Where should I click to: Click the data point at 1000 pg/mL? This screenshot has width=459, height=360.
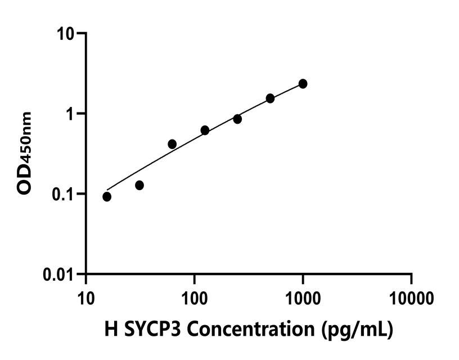coord(303,84)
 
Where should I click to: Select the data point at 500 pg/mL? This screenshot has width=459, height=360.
coord(270,98)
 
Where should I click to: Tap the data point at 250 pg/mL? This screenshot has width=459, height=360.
coord(237,119)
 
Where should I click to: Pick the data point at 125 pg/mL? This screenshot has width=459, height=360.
coord(205,130)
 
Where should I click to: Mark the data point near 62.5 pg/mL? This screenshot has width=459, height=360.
coord(172,144)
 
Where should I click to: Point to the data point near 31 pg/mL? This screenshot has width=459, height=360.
coord(139,185)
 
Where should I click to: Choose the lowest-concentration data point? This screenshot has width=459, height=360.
coord(107,196)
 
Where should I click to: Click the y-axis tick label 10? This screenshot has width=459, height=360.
coord(66,34)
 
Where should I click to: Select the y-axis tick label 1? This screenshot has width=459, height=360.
coord(71,114)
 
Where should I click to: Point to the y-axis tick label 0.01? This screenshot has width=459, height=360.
coord(59,274)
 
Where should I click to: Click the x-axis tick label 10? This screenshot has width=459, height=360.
coord(86,296)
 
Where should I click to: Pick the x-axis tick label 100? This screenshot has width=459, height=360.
coord(194,296)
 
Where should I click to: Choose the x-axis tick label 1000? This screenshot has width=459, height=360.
coord(303,296)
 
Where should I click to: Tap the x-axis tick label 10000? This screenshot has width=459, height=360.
coord(411,296)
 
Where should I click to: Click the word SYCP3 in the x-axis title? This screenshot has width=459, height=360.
coord(149,328)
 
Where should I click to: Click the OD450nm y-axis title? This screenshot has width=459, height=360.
coord(25,153)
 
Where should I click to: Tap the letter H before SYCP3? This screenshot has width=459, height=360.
coord(111,328)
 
